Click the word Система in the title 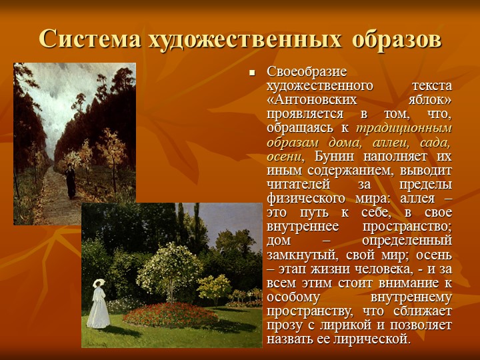pos(90,39)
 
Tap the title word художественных pos(245,39)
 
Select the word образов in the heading pos(397,39)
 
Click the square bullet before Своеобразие pos(252,73)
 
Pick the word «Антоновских pos(311,100)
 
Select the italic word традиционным pos(404,129)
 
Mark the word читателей pos(298,185)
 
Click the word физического pos(306,199)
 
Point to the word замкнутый pos(302,255)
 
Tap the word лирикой pos(345,325)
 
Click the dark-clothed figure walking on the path pos(71,181)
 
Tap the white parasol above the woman pos(99,282)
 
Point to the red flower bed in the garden pos(171,315)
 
